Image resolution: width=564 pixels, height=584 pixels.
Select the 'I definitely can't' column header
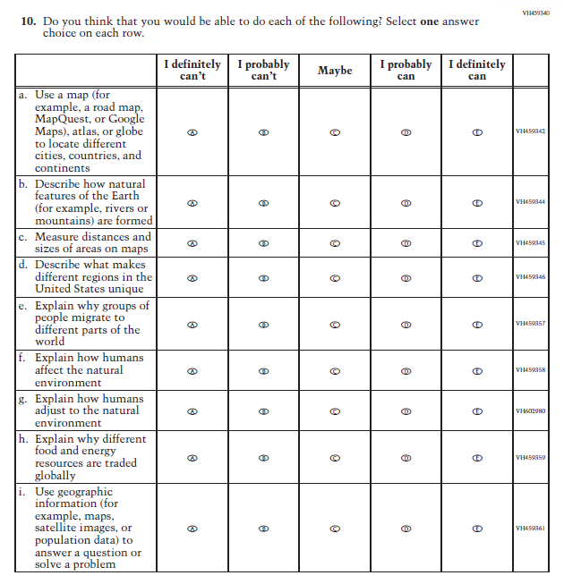(x=192, y=70)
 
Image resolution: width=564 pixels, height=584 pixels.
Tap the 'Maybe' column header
(x=335, y=70)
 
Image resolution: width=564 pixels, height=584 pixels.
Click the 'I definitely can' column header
(x=477, y=70)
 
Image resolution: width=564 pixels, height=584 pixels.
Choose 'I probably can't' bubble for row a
(x=263, y=131)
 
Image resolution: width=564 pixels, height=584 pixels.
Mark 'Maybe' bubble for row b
(x=335, y=202)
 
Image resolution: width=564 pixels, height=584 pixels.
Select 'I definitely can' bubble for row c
(x=477, y=243)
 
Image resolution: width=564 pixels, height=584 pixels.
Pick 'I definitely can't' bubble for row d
(x=192, y=277)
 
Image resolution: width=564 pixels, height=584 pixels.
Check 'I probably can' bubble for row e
(x=406, y=324)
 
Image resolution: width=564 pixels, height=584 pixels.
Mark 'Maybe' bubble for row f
(x=335, y=370)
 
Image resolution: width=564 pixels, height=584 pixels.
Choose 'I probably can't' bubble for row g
(x=263, y=411)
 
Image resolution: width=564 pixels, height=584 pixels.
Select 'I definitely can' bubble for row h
(x=477, y=458)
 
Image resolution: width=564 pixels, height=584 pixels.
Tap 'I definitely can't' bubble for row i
(x=192, y=529)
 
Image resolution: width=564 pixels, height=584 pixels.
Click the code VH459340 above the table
(x=535, y=12)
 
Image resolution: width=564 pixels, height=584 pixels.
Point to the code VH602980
(x=531, y=411)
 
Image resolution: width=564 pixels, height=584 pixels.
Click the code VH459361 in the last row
(x=531, y=529)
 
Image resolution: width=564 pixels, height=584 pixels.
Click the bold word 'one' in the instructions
(x=430, y=21)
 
